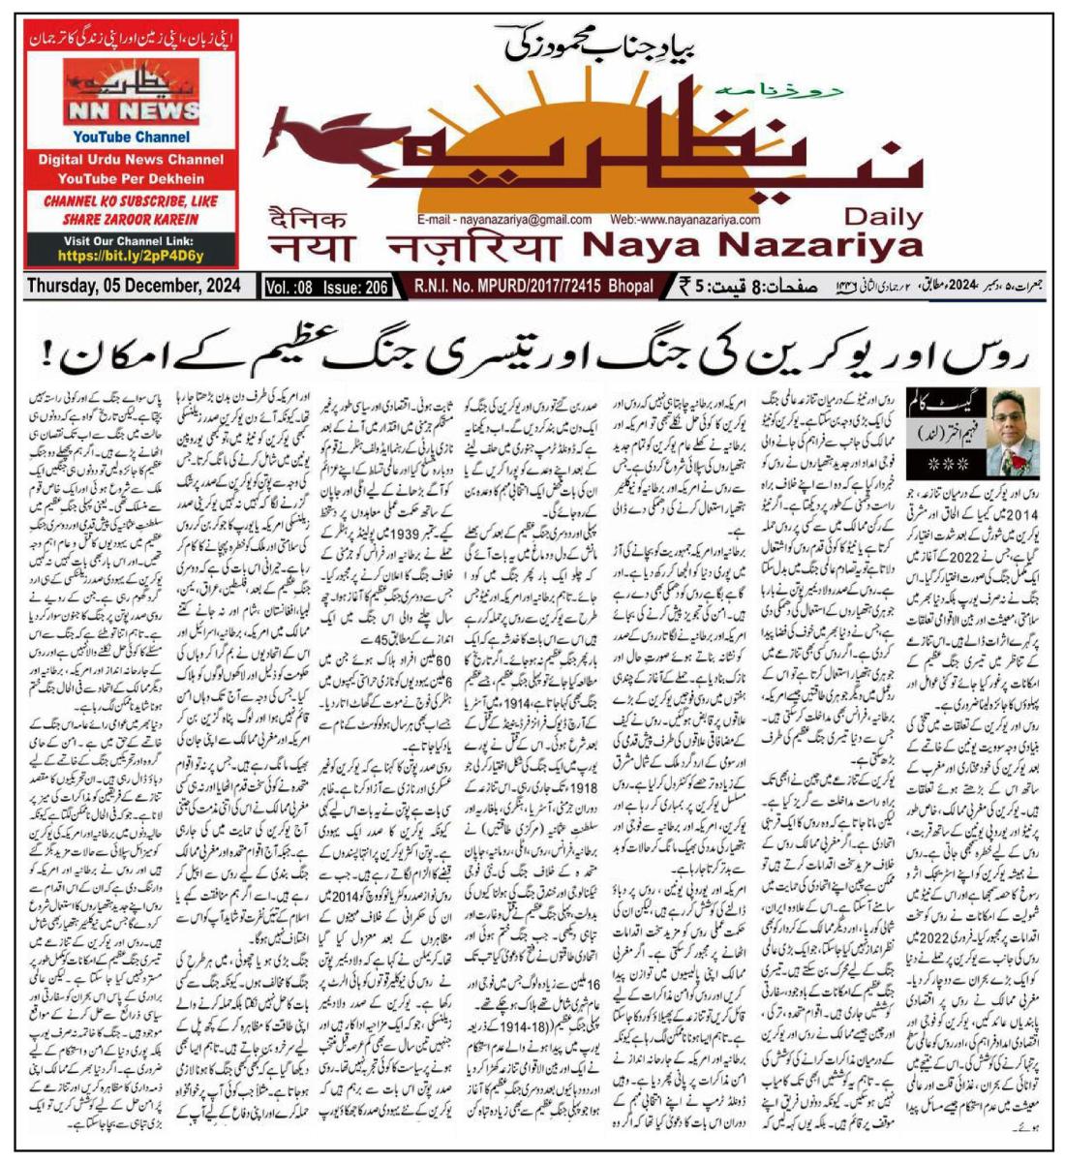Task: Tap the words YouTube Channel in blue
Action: (x=132, y=138)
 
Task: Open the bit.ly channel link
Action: (x=132, y=257)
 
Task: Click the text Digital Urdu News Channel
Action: (x=132, y=160)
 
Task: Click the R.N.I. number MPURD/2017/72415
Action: (x=548, y=287)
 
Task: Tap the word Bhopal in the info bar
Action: (x=630, y=287)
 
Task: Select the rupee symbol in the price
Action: (x=685, y=287)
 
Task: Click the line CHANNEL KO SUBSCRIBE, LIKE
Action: (x=132, y=201)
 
